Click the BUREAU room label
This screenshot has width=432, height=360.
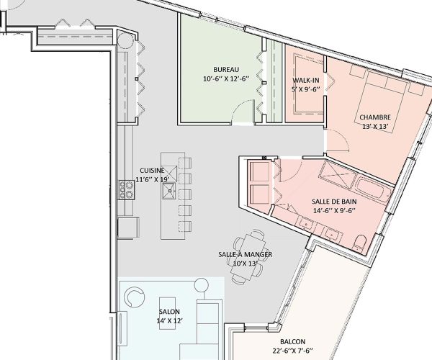pyautogui.click(x=225, y=70)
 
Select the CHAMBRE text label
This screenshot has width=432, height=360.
pyautogui.click(x=375, y=117)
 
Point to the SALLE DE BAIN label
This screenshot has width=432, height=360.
pyautogui.click(x=335, y=202)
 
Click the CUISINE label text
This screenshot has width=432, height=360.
pyautogui.click(x=151, y=171)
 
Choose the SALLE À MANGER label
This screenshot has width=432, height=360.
pyautogui.click(x=245, y=255)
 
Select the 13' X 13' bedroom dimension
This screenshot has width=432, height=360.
pyautogui.click(x=375, y=127)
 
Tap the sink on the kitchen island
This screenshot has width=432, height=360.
pyautogui.click(x=170, y=189)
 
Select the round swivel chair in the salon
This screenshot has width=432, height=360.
pyautogui.click(x=135, y=296)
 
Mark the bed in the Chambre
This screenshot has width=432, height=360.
pyautogui.click(x=384, y=101)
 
